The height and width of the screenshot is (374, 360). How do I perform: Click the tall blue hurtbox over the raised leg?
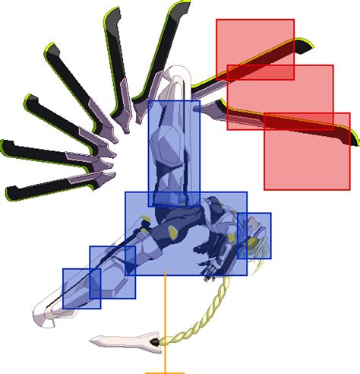click(174, 152)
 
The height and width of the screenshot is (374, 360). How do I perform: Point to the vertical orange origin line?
click(165, 319)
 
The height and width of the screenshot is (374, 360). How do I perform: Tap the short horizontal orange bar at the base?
click(165, 372)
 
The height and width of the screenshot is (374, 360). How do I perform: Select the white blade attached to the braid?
click(122, 341)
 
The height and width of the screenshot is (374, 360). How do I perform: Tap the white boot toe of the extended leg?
click(42, 315)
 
